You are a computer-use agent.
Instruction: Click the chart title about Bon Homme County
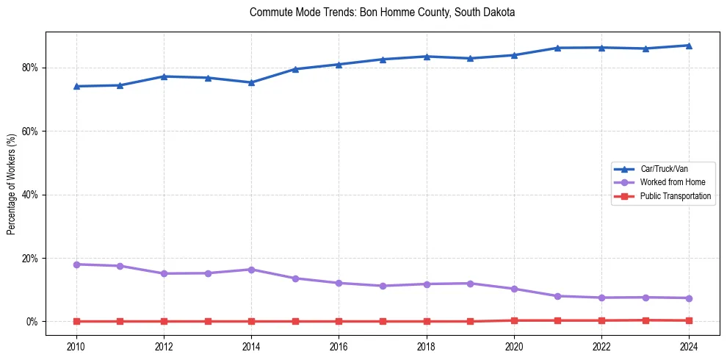tap(382, 12)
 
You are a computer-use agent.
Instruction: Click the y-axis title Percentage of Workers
tap(12, 184)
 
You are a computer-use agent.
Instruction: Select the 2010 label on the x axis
tap(76, 345)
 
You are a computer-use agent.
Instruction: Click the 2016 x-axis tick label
tap(339, 345)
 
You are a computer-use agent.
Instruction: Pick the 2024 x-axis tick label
tap(689, 345)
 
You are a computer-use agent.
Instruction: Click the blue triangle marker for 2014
tap(251, 82)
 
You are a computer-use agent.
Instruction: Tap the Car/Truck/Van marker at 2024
tap(689, 46)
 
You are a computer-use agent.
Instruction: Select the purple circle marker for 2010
tap(76, 264)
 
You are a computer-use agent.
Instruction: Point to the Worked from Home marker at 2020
tap(514, 289)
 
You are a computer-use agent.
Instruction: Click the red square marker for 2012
tap(164, 321)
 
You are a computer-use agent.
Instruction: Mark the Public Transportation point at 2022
tap(601, 320)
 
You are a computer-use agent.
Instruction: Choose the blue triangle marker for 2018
tap(427, 57)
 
